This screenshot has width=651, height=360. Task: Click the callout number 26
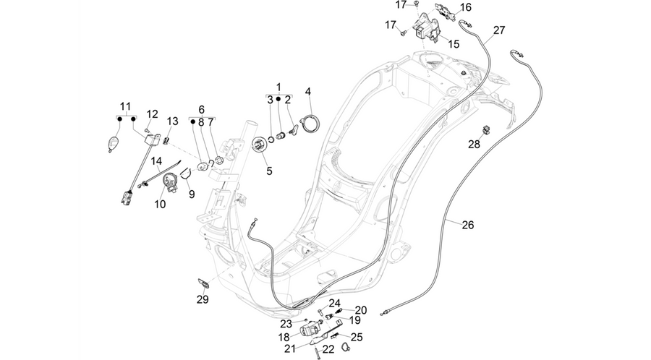pos(467,225)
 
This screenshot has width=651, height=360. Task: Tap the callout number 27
pos(499,30)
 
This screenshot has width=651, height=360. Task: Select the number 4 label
pos(308,91)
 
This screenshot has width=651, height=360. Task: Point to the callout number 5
pos(270,171)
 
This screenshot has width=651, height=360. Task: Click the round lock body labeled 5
pos(260,145)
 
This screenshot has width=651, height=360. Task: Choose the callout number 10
pos(160,204)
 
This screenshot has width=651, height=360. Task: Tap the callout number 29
pos(203,299)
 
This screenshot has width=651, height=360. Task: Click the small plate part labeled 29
pos(203,283)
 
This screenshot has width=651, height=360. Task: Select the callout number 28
pos(474,144)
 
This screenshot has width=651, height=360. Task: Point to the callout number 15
pos(454,43)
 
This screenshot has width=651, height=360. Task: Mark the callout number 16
pos(466,7)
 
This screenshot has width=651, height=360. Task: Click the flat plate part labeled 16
pos(445,12)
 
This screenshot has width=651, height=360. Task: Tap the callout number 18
pos(284,336)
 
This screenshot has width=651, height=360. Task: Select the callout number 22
pos(328,350)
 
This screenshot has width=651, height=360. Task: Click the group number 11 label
pos(125,106)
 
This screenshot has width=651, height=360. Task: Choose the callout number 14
pos(156,160)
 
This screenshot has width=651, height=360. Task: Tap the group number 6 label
pos(201,109)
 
